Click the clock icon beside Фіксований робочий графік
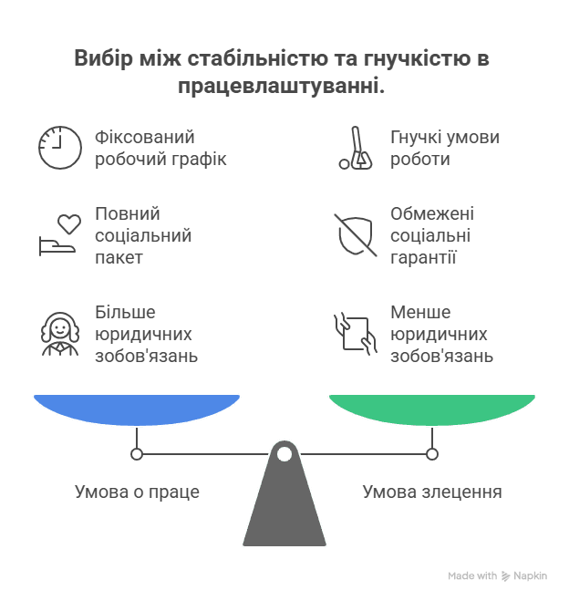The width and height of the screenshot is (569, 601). tap(59, 148)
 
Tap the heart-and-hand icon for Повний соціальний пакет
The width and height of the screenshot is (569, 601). tap(60, 235)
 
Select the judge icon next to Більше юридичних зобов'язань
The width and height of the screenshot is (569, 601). tap(60, 334)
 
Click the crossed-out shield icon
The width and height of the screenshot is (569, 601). tap(356, 235)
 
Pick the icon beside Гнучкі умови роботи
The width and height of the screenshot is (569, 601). tap(356, 148)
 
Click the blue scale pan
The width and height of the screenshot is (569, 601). tap(137, 409)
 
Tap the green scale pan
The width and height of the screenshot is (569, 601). tap(432, 409)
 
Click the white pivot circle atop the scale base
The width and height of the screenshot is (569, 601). tap(284, 453)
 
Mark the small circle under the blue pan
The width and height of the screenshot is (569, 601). tap(137, 453)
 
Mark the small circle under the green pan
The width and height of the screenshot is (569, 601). tap(432, 453)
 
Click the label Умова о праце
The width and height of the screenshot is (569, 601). tap(137, 492)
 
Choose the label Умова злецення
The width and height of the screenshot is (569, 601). tap(432, 492)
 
